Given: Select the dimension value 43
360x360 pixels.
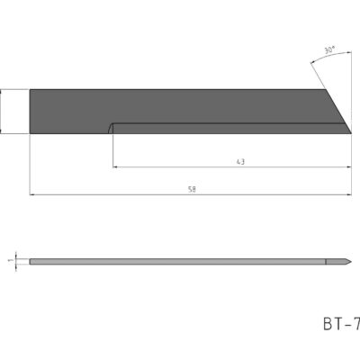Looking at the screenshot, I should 240,161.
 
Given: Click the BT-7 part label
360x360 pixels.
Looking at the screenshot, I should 339,322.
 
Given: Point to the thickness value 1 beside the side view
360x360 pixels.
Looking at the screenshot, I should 9,261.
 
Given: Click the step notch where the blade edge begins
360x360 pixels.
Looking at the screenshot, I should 111,126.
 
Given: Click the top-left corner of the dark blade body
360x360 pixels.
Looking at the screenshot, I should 31,90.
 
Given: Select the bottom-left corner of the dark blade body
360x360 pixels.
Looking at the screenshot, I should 31,133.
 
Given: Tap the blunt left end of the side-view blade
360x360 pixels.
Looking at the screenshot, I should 31,262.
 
